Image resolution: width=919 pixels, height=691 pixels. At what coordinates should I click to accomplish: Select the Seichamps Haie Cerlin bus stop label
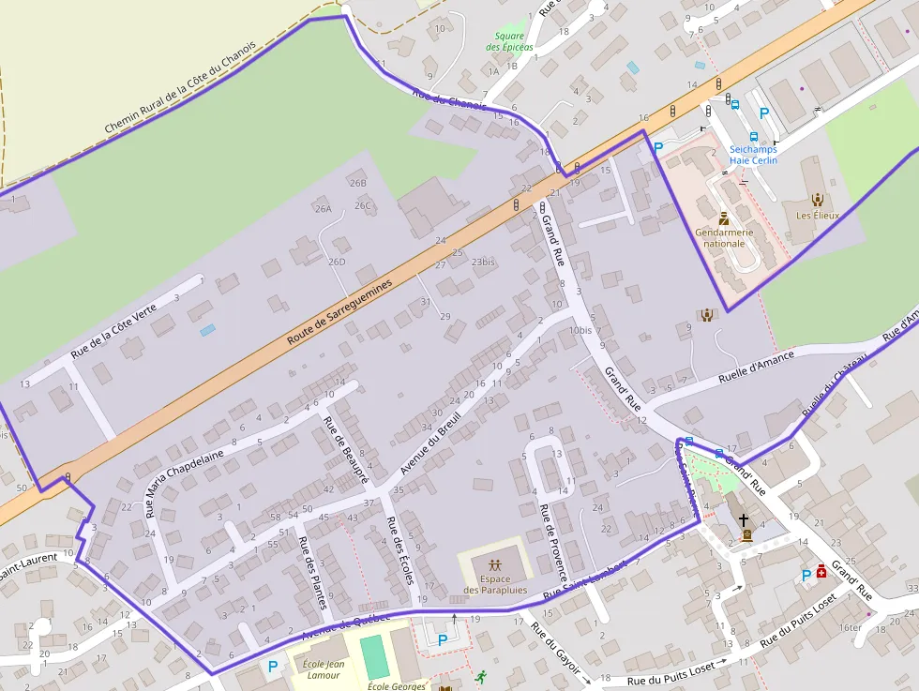coord(753,155)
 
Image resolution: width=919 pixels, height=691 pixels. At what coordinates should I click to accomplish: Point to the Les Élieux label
coord(817,215)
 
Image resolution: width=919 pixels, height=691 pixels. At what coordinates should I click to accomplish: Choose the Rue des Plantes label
coord(312,571)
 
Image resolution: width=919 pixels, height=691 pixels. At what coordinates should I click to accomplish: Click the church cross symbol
coord(744,518)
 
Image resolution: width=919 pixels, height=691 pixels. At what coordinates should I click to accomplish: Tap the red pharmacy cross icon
coord(821,570)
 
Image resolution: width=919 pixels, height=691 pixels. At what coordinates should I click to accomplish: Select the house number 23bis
coord(483,263)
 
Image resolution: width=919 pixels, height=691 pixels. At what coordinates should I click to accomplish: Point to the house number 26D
coord(337,262)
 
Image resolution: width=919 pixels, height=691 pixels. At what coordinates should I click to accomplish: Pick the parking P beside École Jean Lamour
coord(273,667)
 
